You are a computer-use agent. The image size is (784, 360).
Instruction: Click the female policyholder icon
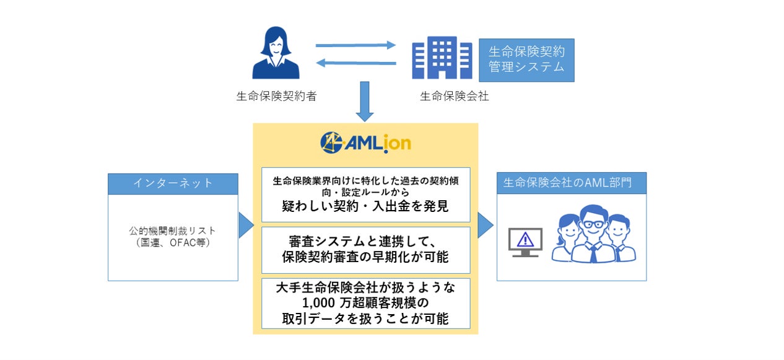pyautogui.click(x=276, y=55)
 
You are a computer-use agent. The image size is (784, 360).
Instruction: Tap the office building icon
pyautogui.click(x=443, y=57)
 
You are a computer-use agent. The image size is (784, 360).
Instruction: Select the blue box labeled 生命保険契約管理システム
pyautogui.click(x=526, y=59)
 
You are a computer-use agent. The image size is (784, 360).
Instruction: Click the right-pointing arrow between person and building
pyautogui.click(x=355, y=45)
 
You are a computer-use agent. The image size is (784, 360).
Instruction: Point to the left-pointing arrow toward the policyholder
pyautogui.click(x=355, y=62)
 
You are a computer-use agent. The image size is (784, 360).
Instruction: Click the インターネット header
pyautogui.click(x=173, y=183)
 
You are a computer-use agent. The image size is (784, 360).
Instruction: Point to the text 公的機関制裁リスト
pyautogui.click(x=173, y=231)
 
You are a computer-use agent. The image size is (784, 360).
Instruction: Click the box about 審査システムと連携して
pyautogui.click(x=365, y=250)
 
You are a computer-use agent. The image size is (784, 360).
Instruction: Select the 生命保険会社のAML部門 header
pyautogui.click(x=572, y=183)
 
